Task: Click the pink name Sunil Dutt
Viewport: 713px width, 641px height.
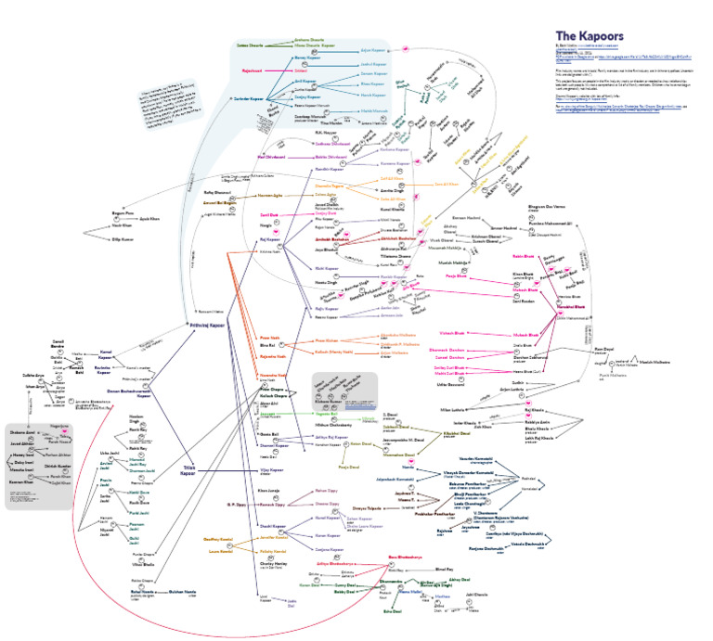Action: coord(268,214)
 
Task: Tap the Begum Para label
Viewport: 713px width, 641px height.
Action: coord(97,212)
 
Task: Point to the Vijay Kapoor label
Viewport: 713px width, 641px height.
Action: coord(270,470)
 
